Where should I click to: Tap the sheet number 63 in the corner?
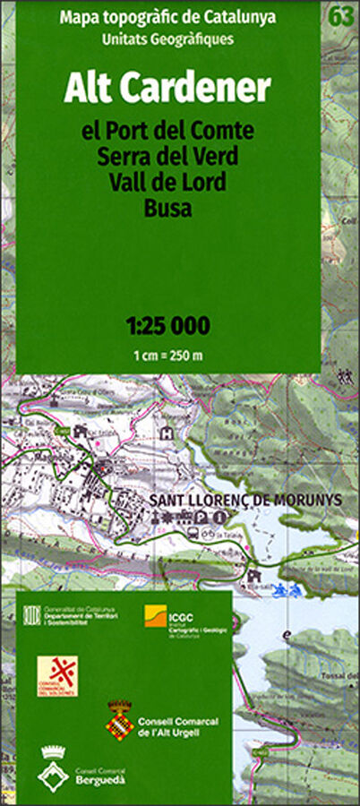(339, 15)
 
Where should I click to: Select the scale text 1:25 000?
(167, 324)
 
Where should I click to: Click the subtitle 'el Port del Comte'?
(167, 131)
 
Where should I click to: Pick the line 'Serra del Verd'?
(167, 157)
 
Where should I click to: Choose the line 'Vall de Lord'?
(167, 183)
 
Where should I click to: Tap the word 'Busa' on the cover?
(167, 209)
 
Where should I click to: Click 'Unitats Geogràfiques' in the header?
(167, 39)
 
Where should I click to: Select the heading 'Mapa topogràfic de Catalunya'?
(167, 16)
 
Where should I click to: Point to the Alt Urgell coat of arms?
(120, 718)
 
